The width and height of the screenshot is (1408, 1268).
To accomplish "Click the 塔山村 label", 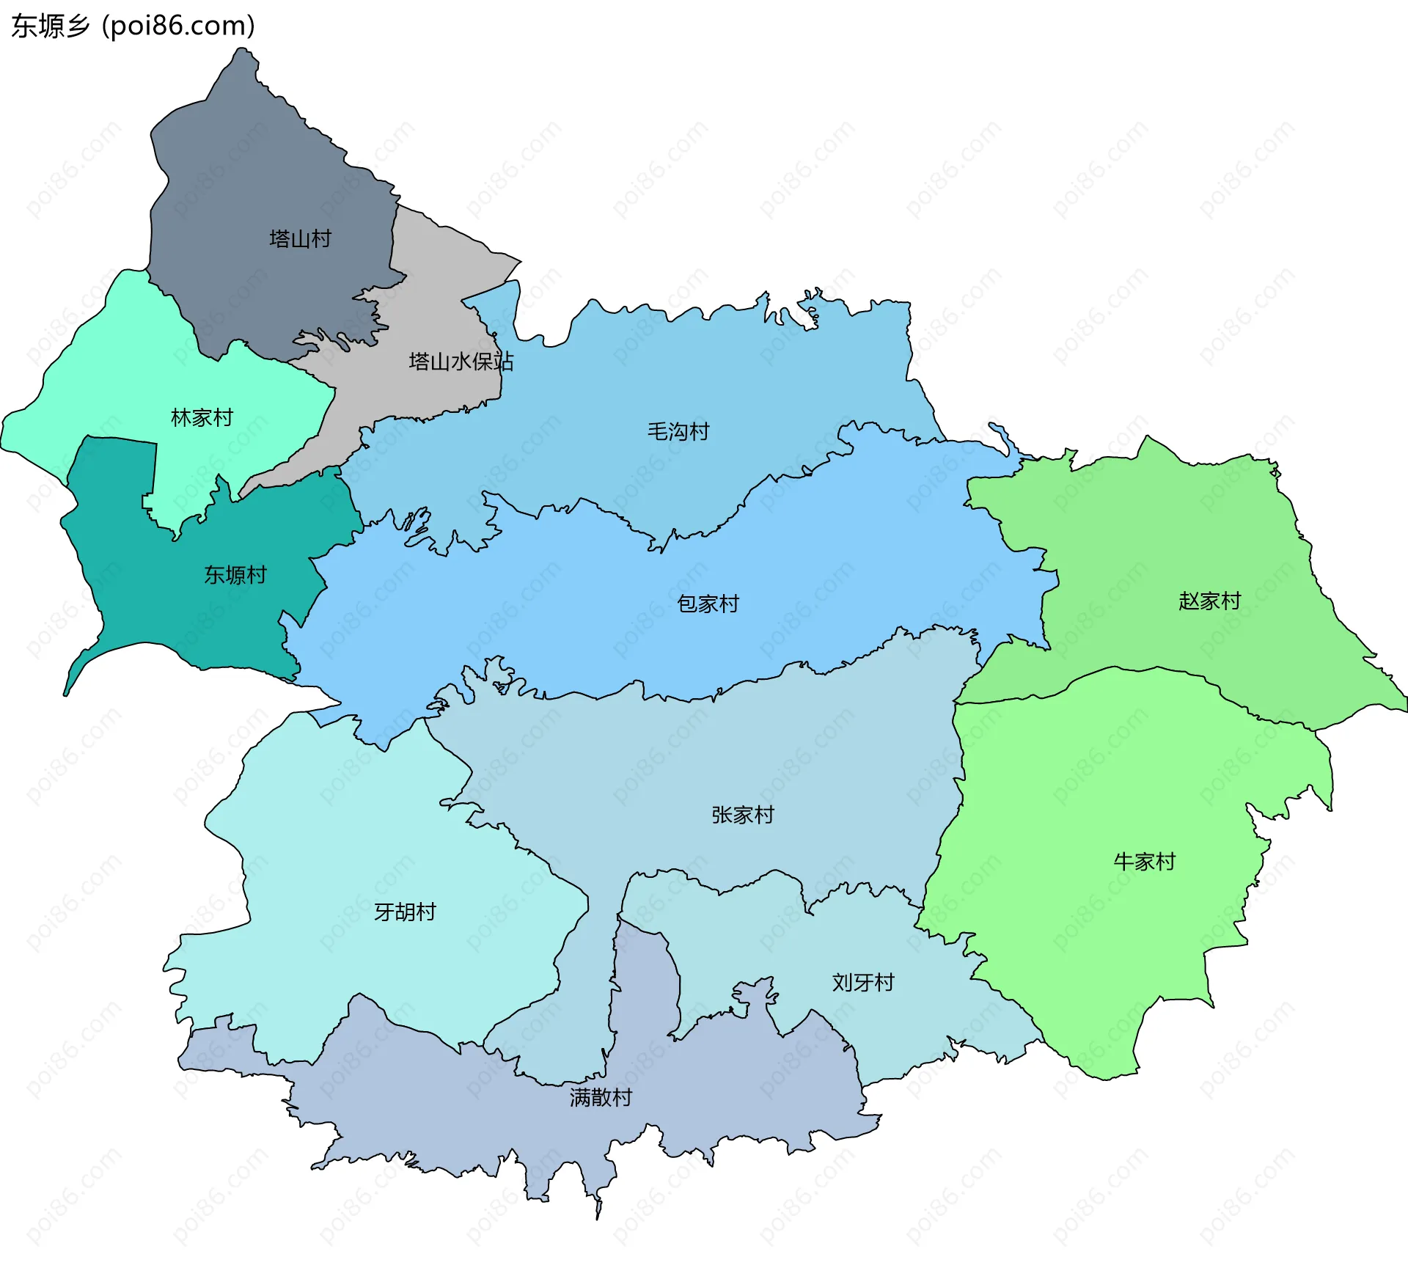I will pos(300,239).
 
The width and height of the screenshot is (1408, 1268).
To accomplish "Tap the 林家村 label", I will pos(202,418).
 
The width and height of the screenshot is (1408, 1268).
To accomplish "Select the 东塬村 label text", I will pos(235,575).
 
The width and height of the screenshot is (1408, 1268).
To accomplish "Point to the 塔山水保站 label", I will pos(461,362).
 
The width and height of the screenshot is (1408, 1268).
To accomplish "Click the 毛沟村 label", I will pos(678,431).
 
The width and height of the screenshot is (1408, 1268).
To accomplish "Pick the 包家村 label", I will pos(708,604).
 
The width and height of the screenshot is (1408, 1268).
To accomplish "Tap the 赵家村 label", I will pos(1209,601).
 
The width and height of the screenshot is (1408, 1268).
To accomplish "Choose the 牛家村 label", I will pos(1144,862).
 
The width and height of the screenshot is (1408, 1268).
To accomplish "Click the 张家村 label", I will pos(742,815).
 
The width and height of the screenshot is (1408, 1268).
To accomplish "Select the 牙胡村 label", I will pos(405,912).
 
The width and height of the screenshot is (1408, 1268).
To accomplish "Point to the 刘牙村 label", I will pos(863,983).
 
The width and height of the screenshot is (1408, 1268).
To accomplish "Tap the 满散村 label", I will pos(601,1098).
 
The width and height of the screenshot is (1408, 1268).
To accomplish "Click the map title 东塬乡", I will pos(50,26).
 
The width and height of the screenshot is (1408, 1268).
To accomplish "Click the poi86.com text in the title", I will pos(179,26).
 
